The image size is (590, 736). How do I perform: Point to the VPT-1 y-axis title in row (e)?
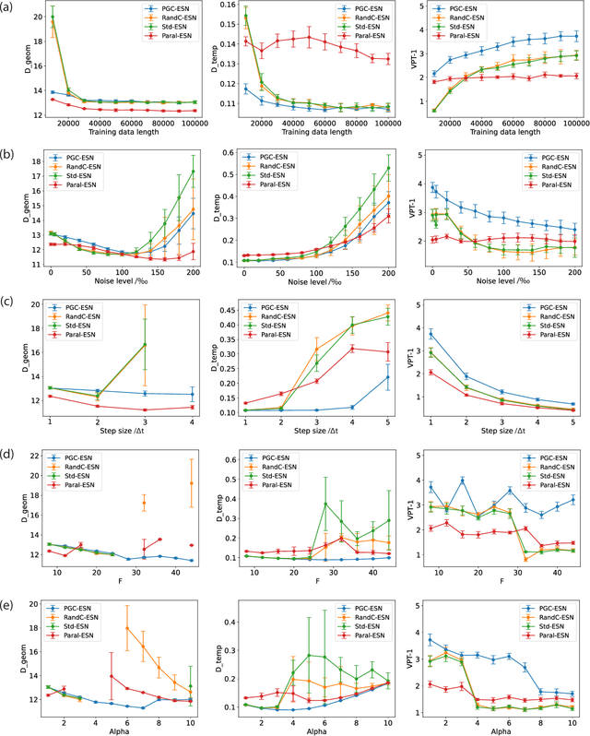pos(406,656)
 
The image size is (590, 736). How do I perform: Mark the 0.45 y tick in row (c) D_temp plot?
pos(230,310)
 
